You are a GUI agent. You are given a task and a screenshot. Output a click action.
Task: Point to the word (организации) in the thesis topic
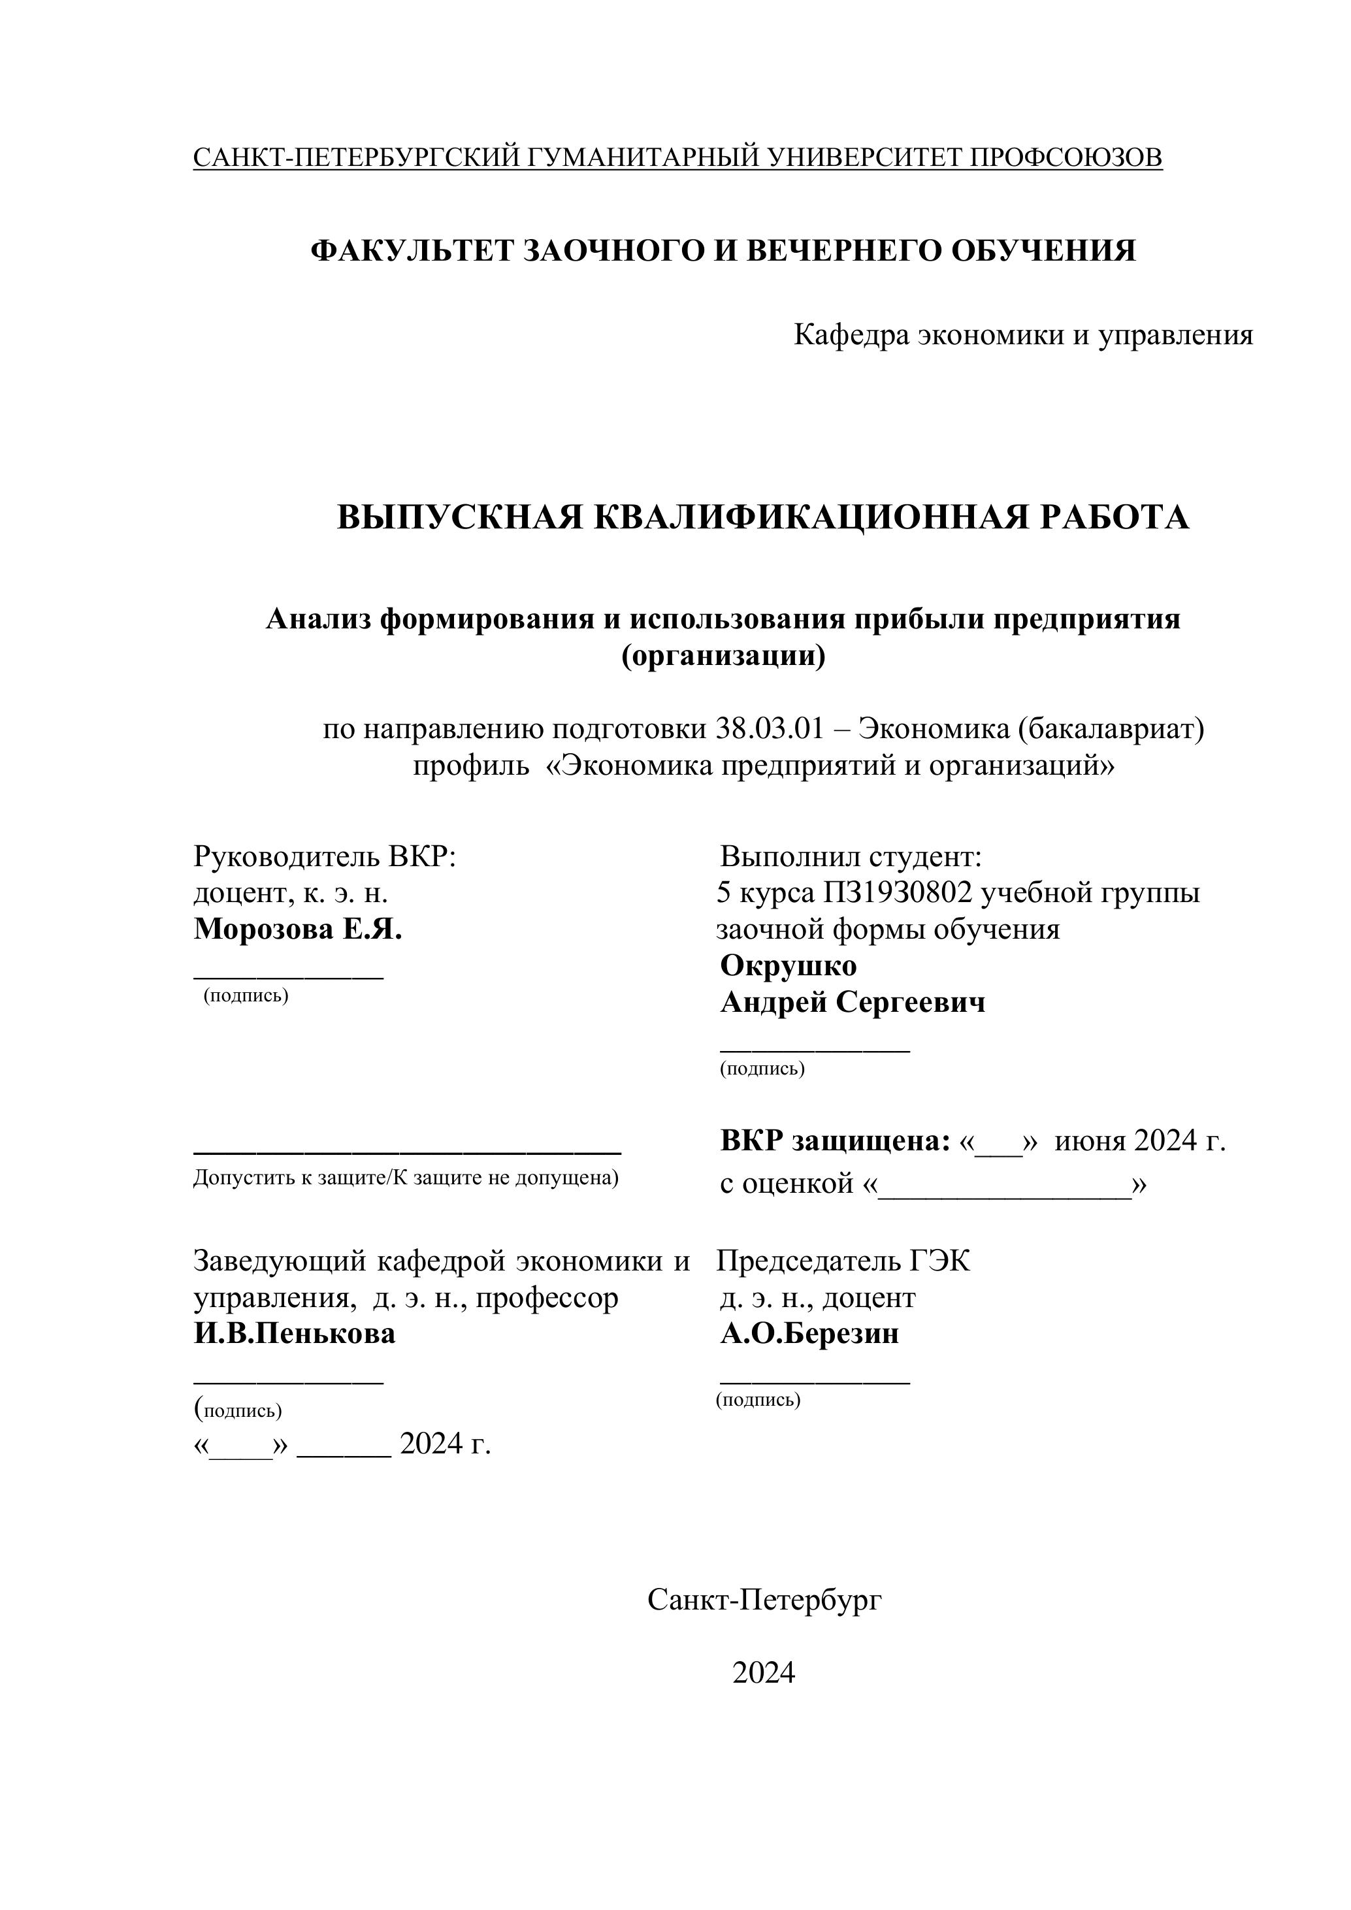(723, 656)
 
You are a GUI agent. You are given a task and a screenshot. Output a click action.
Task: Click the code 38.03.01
(769, 729)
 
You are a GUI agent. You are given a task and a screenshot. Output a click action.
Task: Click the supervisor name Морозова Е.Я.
(298, 930)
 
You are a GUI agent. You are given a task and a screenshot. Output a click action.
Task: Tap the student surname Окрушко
(788, 966)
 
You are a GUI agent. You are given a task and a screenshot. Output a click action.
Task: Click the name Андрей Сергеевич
(852, 1003)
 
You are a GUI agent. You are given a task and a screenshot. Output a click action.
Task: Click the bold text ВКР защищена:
(834, 1141)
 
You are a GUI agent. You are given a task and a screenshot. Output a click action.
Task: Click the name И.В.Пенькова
(295, 1335)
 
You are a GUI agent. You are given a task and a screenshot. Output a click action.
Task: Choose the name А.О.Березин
(809, 1335)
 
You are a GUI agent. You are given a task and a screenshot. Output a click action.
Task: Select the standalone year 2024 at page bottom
(763, 1672)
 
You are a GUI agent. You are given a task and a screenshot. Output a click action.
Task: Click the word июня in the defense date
(1090, 1141)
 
